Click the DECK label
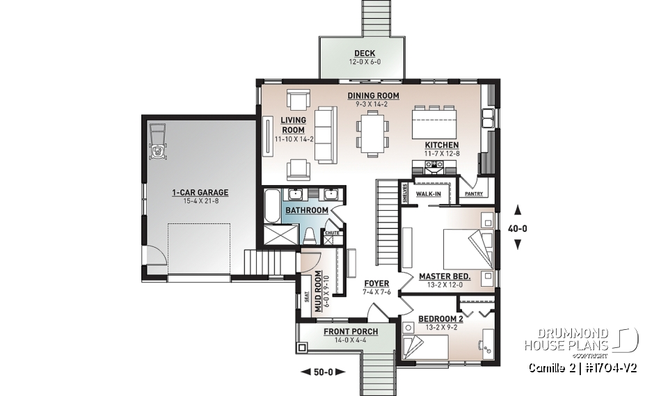tap(364, 53)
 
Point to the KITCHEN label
tap(442, 145)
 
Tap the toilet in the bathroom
tap(309, 235)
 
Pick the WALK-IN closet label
tap(428, 193)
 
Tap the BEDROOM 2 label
tap(440, 319)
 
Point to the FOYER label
tap(376, 284)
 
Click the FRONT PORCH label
tap(351, 332)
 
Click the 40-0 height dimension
tap(517, 226)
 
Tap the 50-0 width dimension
tap(322, 372)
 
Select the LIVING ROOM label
tap(293, 125)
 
